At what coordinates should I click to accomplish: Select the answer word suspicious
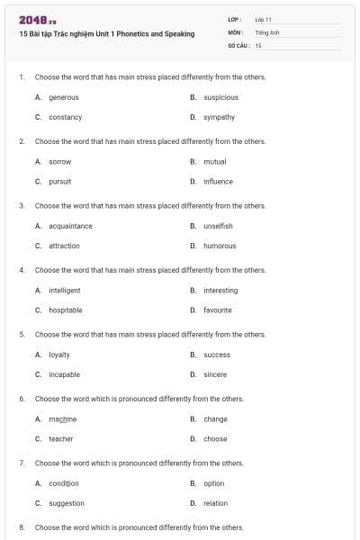(x=221, y=97)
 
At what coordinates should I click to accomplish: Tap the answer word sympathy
(x=220, y=117)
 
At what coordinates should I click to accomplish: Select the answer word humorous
(x=220, y=246)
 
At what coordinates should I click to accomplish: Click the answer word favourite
(x=218, y=310)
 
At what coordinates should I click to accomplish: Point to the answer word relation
(x=216, y=503)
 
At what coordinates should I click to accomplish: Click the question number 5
(x=21, y=334)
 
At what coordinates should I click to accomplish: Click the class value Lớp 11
(x=264, y=19)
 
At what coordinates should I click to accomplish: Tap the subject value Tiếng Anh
(x=268, y=31)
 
